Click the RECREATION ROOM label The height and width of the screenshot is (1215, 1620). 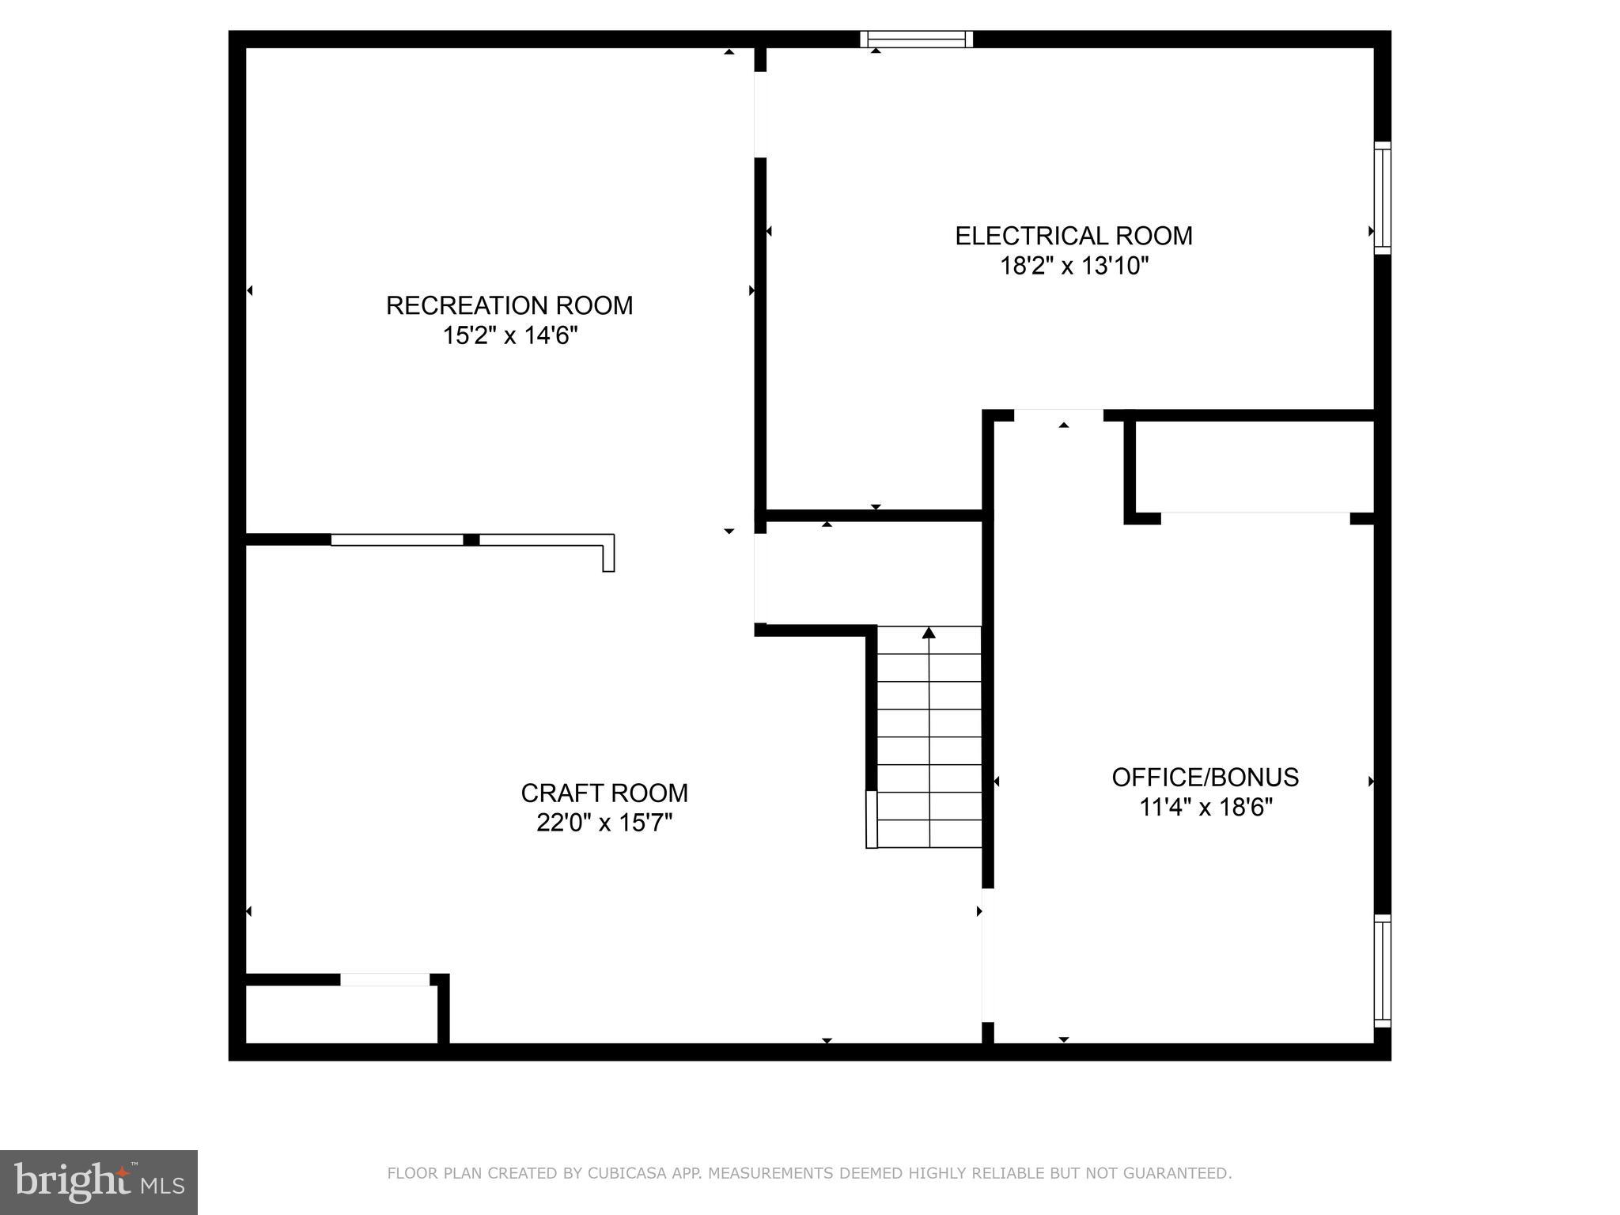click(509, 305)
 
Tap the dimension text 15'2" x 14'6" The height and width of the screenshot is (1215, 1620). click(510, 336)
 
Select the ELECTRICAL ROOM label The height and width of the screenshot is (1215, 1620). click(1073, 236)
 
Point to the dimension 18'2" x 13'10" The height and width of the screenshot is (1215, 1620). click(1073, 266)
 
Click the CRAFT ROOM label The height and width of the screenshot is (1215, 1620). click(604, 793)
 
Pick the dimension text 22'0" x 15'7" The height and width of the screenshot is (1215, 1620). click(604, 823)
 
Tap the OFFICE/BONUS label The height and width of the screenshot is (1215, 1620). click(1205, 778)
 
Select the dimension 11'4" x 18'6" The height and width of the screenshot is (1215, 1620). click(1205, 808)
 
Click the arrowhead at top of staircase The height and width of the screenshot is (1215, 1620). click(929, 633)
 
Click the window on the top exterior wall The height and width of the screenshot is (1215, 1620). click(916, 39)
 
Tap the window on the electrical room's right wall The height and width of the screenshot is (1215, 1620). click(1382, 198)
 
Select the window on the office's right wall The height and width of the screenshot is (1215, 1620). click(1382, 971)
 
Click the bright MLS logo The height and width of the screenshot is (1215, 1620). click(99, 1182)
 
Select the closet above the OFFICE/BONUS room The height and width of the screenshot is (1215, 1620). click(1254, 467)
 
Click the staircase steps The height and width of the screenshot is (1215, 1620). click(929, 737)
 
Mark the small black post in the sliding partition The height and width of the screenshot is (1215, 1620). click(471, 540)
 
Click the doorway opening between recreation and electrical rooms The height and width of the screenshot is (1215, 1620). click(760, 115)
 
